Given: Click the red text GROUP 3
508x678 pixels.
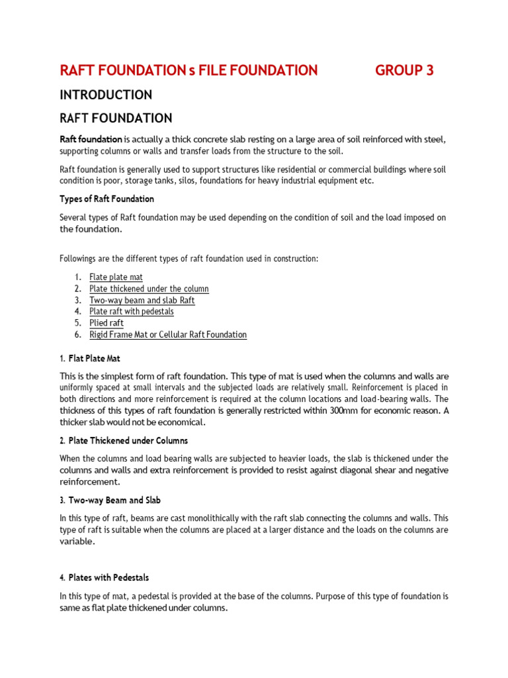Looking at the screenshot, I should [x=404, y=70].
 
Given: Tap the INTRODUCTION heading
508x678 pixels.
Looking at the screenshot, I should [x=106, y=95].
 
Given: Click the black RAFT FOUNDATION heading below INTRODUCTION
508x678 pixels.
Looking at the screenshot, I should [x=116, y=119].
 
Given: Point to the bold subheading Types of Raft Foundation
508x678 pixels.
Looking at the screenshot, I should [x=106, y=199].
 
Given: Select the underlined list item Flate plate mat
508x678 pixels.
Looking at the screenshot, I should [x=116, y=277].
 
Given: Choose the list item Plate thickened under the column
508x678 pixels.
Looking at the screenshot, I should [x=149, y=289].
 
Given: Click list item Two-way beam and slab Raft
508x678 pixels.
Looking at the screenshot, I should [x=142, y=300].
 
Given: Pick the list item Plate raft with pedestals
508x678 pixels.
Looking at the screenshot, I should [x=132, y=311].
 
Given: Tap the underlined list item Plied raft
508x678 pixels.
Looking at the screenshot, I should [x=106, y=323].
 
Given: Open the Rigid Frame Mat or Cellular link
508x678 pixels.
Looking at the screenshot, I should [x=168, y=334].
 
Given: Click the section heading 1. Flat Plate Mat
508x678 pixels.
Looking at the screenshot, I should [x=90, y=358].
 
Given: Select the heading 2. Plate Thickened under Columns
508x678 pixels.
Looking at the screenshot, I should [x=124, y=440].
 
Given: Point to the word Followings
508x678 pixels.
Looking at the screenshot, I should [x=80, y=258].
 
